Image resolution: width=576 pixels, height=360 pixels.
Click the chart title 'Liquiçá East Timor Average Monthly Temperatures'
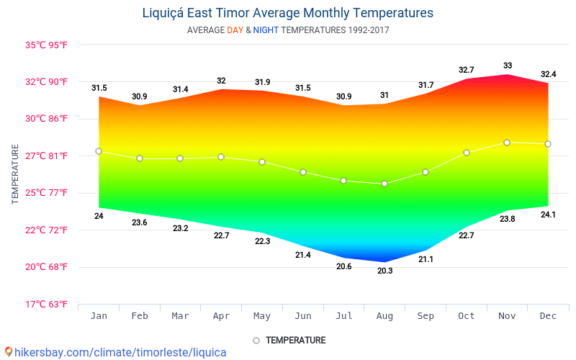pyautogui.click(x=287, y=13)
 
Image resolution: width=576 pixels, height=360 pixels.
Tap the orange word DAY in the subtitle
pyautogui.click(x=235, y=30)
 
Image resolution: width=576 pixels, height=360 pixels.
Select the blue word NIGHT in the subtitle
pyautogui.click(x=265, y=30)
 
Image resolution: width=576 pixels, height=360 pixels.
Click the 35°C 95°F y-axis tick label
pyautogui.click(x=46, y=45)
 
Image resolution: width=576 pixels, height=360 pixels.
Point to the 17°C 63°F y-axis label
pyautogui.click(x=46, y=305)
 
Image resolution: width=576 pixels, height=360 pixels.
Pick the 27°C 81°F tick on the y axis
pyautogui.click(x=46, y=156)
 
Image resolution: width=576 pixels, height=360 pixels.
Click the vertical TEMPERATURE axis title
pyautogui.click(x=15, y=174)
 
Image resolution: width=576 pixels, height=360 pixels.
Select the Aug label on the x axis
pyautogui.click(x=385, y=316)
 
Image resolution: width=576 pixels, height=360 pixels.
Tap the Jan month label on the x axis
pyautogui.click(x=99, y=316)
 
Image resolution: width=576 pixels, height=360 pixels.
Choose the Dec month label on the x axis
pyautogui.click(x=548, y=316)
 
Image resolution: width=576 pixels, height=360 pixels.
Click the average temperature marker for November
pyautogui.click(x=507, y=143)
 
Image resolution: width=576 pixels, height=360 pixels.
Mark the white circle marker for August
pyautogui.click(x=384, y=184)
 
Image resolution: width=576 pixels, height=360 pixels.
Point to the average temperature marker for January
pyautogui.click(x=99, y=151)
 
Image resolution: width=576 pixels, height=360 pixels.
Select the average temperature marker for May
pyautogui.click(x=262, y=162)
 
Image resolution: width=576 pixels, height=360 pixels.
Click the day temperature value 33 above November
pyautogui.click(x=508, y=66)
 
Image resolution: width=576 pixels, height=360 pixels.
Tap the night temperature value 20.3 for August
pyautogui.click(x=384, y=271)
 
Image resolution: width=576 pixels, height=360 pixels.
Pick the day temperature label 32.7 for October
pyautogui.click(x=467, y=70)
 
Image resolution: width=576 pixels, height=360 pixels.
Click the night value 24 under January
pyautogui.click(x=99, y=216)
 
